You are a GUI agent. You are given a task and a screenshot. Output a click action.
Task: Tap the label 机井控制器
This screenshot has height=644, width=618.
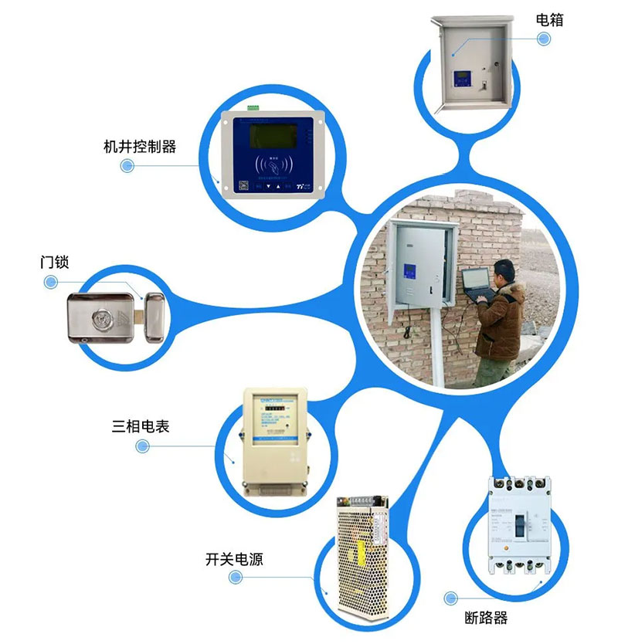point(139,146)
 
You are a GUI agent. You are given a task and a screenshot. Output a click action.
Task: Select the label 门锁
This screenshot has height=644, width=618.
point(54,262)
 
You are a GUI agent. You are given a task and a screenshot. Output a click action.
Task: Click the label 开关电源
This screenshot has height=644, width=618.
point(234,559)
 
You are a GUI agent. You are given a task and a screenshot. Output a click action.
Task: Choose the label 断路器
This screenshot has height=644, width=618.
point(487,618)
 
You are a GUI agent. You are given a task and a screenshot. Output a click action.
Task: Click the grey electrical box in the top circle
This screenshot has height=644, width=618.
point(470,65)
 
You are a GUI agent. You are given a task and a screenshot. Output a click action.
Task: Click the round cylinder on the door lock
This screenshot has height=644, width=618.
point(102,317)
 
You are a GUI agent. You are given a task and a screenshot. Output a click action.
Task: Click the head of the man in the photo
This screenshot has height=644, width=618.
point(504,272)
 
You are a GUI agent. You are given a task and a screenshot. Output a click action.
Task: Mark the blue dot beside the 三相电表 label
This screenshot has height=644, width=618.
point(142,446)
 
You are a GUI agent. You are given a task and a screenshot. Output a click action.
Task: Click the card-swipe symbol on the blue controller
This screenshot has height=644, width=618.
point(271,165)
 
